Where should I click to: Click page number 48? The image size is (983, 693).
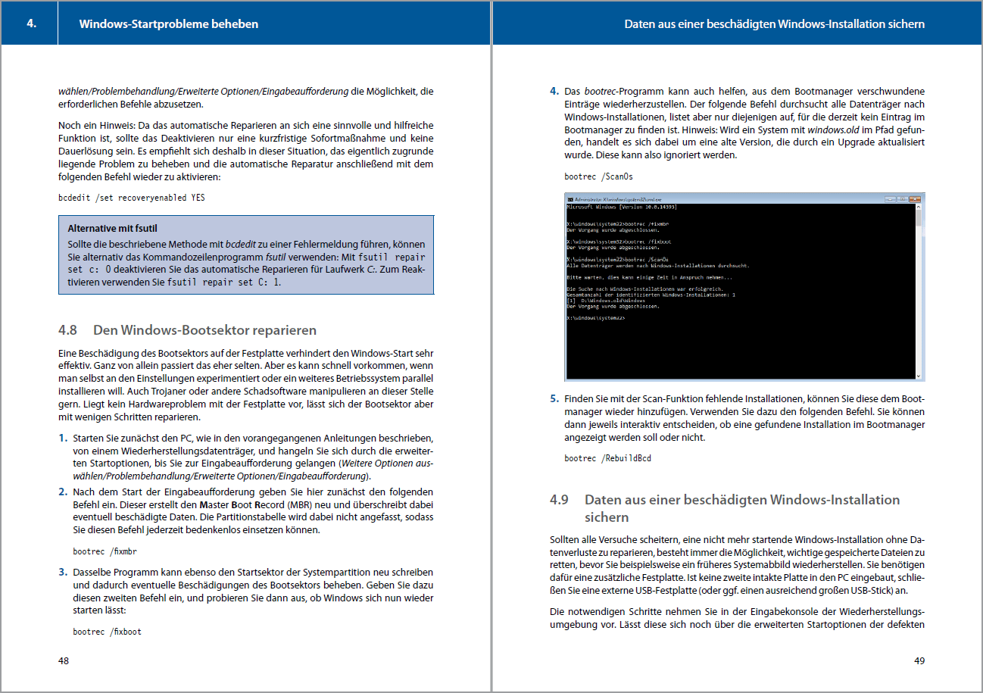click(64, 660)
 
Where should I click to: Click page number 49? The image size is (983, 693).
click(919, 660)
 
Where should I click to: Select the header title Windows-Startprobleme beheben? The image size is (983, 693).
click(168, 23)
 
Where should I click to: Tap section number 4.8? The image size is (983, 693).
click(68, 330)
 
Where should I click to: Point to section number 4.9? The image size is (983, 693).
click(559, 500)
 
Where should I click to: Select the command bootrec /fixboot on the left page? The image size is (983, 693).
click(107, 631)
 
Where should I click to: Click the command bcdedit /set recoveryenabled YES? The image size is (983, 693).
click(131, 198)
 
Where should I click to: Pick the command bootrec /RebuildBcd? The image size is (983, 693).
click(607, 458)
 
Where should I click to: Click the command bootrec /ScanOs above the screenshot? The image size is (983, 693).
click(598, 176)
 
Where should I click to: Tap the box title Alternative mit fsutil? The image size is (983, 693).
click(112, 228)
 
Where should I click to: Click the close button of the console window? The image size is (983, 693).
click(918, 198)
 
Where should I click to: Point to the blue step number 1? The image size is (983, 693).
click(62, 439)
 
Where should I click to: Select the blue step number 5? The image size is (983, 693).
click(554, 398)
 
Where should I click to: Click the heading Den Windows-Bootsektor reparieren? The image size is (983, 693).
click(204, 330)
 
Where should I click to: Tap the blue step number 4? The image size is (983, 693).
click(554, 92)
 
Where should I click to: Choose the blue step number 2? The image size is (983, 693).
click(63, 492)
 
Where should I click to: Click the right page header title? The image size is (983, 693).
click(774, 23)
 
